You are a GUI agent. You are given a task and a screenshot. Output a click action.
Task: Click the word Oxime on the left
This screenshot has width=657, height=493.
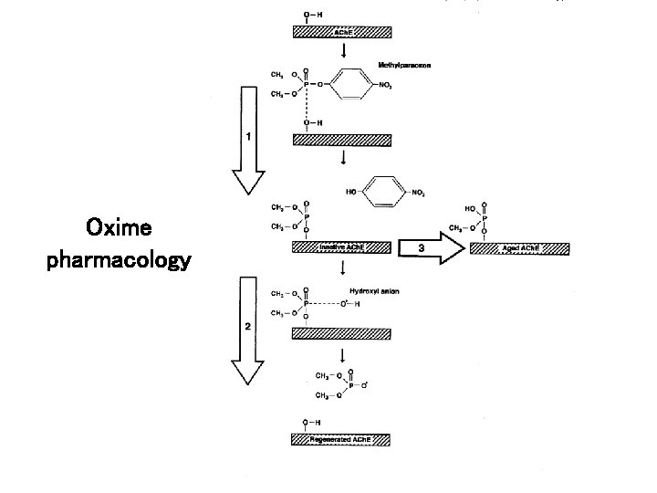[x=119, y=226]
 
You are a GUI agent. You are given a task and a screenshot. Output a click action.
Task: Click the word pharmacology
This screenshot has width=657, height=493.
[x=119, y=261]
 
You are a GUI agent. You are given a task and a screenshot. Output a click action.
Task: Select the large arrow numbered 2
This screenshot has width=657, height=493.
[x=247, y=330]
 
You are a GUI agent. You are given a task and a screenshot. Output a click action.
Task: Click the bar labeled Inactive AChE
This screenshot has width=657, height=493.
[x=341, y=247]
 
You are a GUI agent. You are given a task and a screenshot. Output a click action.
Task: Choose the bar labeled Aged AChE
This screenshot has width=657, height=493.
[x=520, y=248]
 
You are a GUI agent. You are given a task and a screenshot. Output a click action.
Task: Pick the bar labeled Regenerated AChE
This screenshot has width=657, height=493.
[x=341, y=439]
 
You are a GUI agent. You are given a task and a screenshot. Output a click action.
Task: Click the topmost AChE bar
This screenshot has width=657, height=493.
[x=341, y=32]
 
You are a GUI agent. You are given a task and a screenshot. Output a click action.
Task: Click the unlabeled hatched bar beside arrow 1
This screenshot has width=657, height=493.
[x=341, y=140]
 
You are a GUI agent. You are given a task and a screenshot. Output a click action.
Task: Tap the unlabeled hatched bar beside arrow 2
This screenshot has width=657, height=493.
[x=341, y=333]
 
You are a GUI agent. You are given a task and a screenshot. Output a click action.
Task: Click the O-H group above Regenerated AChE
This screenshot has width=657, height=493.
[x=313, y=423]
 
